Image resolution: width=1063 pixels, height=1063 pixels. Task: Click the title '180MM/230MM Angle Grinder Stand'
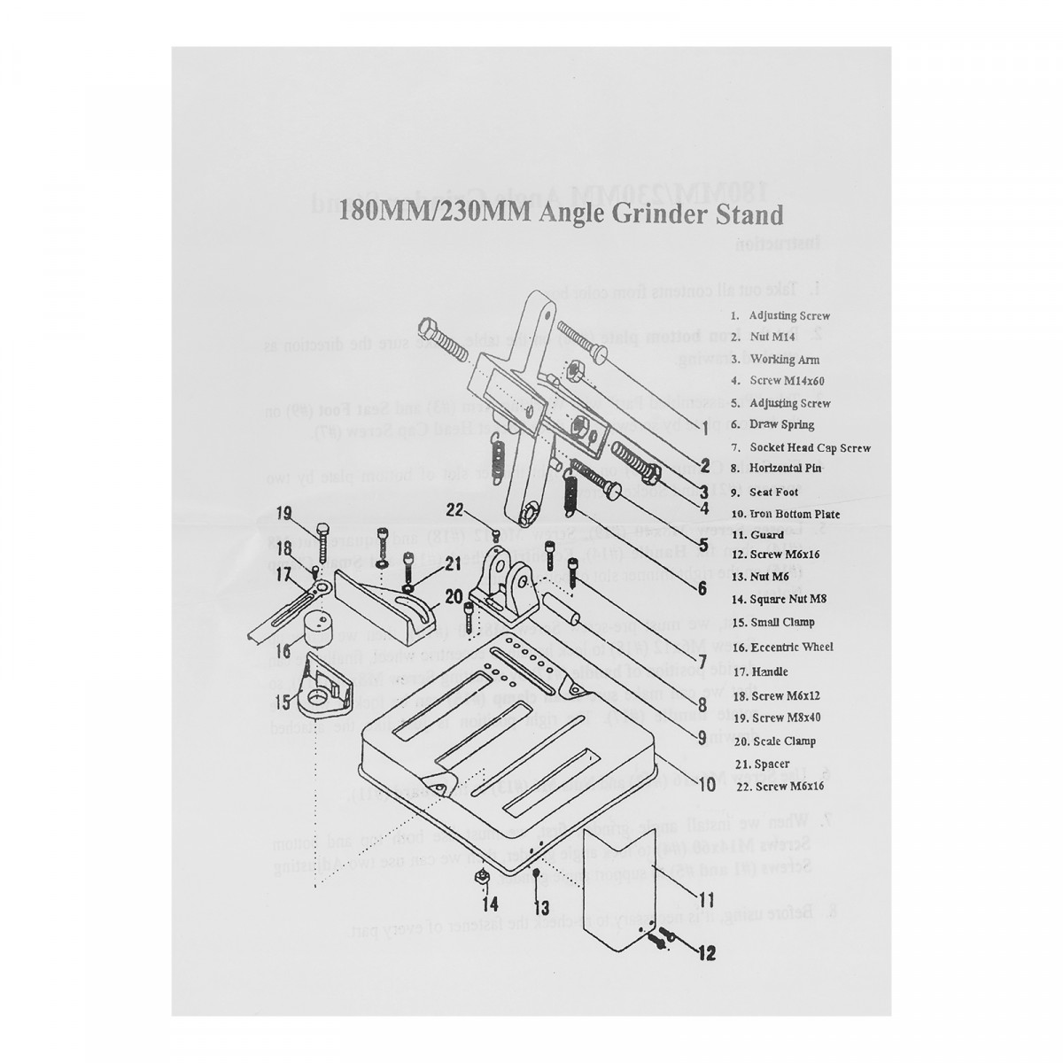[563, 215]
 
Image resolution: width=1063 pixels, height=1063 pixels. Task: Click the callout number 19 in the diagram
[283, 513]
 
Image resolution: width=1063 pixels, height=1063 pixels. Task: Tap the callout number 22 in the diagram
[454, 508]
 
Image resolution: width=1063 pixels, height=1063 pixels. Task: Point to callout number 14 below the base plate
[490, 904]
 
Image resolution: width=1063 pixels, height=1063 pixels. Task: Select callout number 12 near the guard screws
[706, 953]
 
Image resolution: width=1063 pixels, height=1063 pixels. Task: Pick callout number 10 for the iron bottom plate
[707, 784]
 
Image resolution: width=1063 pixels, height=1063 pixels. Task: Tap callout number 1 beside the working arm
[704, 428]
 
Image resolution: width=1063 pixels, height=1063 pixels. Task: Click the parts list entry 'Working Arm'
[785, 360]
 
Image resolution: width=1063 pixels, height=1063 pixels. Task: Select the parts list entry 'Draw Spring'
[781, 424]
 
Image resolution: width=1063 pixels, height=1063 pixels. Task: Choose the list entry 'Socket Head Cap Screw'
[810, 448]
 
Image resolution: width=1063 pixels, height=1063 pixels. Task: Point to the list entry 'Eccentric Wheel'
[791, 647]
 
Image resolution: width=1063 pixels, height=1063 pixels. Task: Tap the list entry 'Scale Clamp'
[782, 741]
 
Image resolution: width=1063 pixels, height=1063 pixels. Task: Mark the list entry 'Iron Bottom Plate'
[795, 514]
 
